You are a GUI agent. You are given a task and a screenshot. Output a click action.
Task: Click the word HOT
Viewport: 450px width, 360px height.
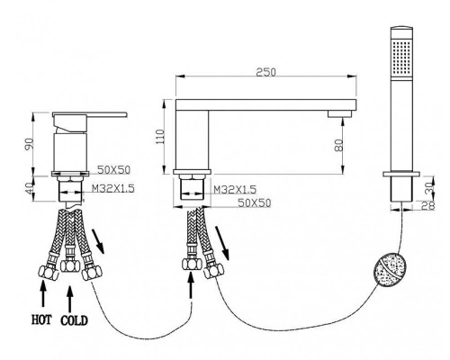[41, 319]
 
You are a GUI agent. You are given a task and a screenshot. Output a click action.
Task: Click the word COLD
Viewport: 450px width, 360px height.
[75, 320]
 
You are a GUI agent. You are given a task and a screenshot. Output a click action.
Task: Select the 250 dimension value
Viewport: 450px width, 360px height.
[265, 72]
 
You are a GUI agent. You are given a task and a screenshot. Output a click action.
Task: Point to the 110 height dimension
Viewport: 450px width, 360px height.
[160, 137]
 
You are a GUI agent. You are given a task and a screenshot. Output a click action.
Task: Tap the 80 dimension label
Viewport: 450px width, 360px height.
[338, 146]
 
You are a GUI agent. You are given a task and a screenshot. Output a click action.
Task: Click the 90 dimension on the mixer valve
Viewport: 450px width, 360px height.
[30, 144]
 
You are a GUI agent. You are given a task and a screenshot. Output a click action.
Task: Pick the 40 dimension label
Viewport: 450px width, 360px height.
[30, 189]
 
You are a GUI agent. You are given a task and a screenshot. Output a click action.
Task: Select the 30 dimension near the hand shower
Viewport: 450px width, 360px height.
[430, 187]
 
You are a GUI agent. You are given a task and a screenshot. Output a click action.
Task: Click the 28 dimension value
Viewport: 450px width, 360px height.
[430, 205]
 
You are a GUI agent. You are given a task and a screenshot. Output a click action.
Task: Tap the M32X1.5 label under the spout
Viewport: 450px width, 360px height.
[235, 190]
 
